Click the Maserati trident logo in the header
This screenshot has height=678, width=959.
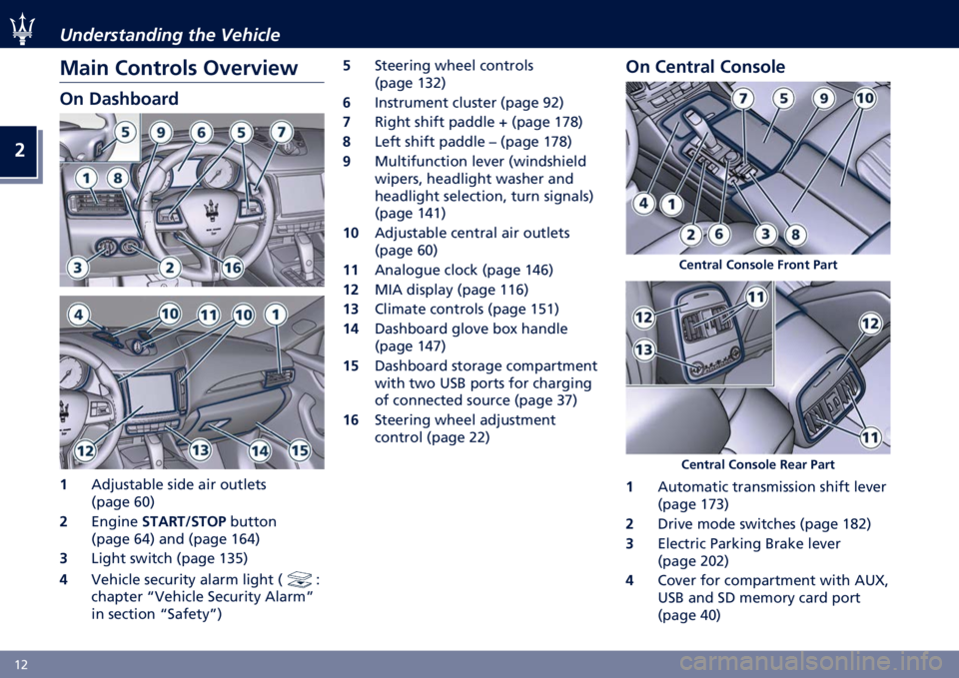coord(22,29)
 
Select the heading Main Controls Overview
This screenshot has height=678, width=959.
coord(179,68)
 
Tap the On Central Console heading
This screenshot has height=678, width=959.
coord(705,67)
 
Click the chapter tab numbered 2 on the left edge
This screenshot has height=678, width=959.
coord(20,151)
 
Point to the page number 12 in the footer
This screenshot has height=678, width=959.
coord(21,665)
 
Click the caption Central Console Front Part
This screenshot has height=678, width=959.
coord(758,265)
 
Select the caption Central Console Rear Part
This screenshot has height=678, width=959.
coord(758,464)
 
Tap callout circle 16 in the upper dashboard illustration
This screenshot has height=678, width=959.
coord(233,268)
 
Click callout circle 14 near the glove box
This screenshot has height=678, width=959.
coord(260,451)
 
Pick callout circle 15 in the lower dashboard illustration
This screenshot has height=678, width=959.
coord(299,451)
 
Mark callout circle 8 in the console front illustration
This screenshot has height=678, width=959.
coord(796,234)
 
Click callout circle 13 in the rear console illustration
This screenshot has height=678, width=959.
coord(643,349)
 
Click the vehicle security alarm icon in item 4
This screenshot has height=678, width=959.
coord(300,578)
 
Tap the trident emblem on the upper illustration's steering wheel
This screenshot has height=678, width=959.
coord(211,211)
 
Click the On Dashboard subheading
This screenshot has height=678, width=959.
coord(119,99)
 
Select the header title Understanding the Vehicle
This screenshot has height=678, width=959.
coord(170,35)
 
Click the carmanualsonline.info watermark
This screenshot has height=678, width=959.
coord(811,662)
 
